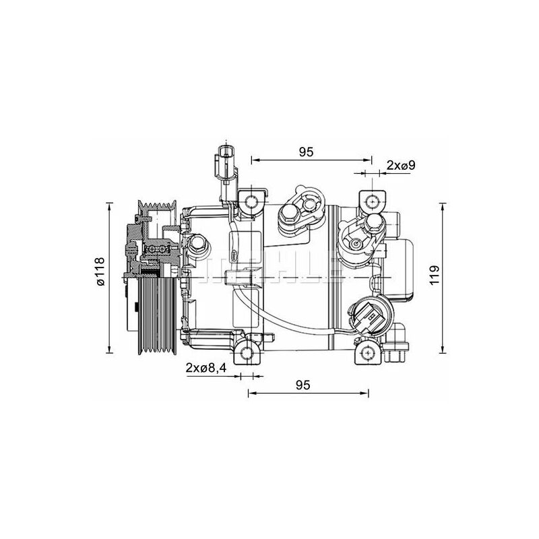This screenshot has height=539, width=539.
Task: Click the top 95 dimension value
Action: point(307,152)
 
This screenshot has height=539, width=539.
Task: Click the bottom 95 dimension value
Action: point(302,385)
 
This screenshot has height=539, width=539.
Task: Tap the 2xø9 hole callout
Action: point(400,164)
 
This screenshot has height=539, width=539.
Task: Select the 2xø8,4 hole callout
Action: point(208,368)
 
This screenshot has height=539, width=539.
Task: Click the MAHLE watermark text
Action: point(269,266)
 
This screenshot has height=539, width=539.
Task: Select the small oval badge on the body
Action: point(235,255)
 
